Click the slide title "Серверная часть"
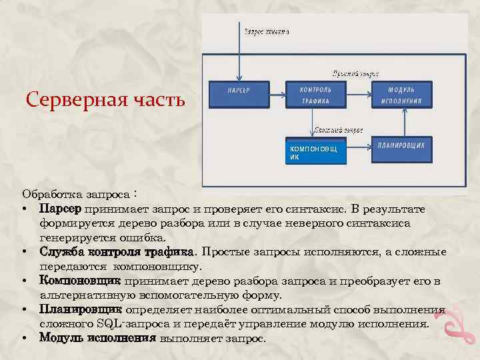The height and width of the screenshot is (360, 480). [105, 101]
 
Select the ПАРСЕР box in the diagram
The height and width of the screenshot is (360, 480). [238, 94]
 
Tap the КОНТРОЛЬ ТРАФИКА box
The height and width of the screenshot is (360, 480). [316, 95]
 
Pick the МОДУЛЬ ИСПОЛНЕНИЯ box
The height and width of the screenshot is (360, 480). [401, 95]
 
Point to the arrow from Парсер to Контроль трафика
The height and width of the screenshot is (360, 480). [277, 94]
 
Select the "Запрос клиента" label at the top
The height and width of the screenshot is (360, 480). [267, 31]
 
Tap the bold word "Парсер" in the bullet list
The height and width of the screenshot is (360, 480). [60, 210]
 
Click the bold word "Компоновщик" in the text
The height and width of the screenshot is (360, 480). [79, 281]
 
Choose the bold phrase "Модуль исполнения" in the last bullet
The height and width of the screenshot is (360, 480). [97, 338]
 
